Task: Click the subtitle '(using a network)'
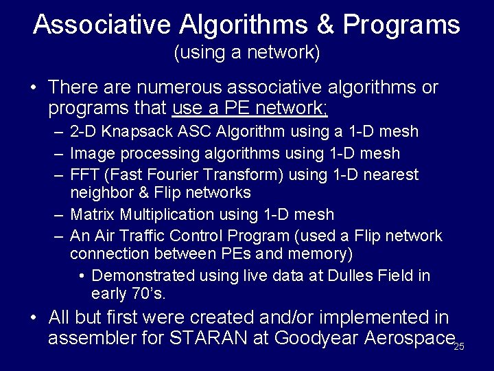coord(247,53)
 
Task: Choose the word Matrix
coord(92,214)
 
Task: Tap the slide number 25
coord(459,346)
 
